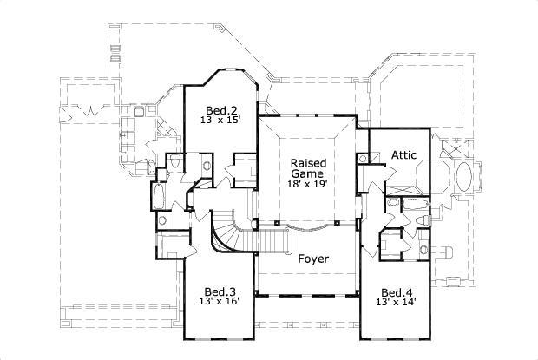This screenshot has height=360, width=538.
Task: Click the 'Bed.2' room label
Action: [x=218, y=110]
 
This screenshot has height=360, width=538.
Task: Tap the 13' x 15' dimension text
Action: [x=218, y=121]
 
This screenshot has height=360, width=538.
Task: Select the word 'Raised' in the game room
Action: [x=307, y=163]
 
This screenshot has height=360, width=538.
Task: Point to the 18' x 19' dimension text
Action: [x=307, y=184]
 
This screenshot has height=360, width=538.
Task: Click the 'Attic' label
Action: [x=403, y=155]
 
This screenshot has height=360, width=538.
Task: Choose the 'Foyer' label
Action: [x=312, y=259]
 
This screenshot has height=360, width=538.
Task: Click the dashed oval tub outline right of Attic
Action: [x=464, y=179]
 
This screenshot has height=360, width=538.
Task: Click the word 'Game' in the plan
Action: [x=307, y=173]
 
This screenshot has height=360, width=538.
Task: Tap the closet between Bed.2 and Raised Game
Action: [x=245, y=167]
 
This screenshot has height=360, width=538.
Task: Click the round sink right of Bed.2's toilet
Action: [x=207, y=164]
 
